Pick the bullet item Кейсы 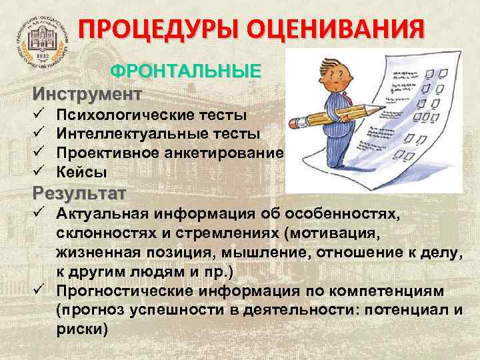pos(81,172)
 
